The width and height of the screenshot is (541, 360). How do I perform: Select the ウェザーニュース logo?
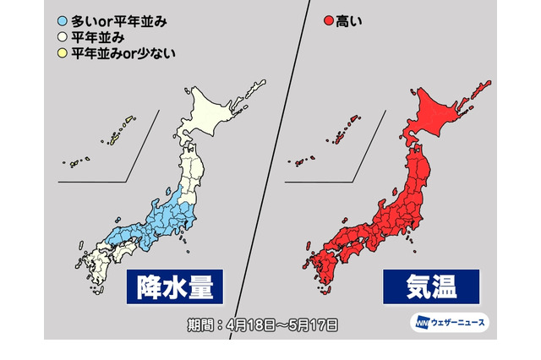(x=448, y=323)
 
